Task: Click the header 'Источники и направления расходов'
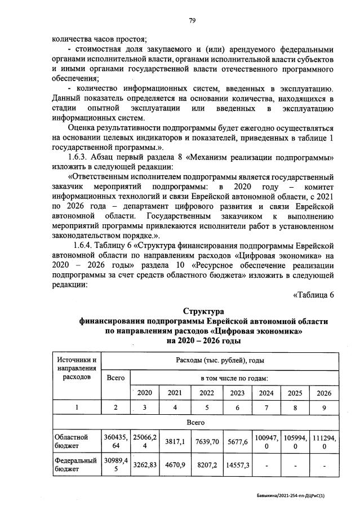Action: (x=76, y=368)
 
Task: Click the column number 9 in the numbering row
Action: (x=324, y=407)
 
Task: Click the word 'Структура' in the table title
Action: (x=203, y=311)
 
